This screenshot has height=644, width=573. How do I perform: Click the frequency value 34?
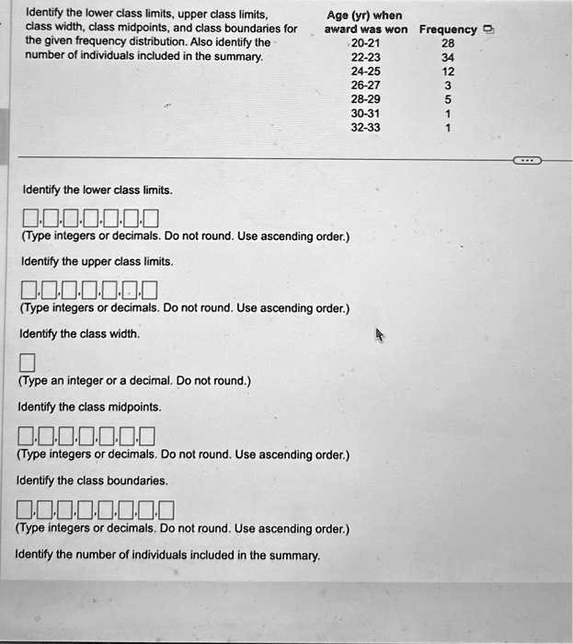point(447,57)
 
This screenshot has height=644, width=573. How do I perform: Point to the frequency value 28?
point(447,43)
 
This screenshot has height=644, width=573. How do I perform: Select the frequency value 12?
point(447,71)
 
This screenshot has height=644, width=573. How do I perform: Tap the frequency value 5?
point(447,99)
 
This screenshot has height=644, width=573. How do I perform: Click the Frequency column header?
point(448,29)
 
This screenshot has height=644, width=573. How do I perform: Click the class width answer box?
point(27,360)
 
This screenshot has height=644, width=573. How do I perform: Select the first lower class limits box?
point(31,219)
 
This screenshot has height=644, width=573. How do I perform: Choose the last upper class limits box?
point(150,293)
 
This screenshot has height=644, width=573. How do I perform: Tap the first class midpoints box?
point(27,436)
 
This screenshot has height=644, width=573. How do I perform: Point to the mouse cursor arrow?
point(378,336)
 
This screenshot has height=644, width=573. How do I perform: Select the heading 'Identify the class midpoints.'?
point(89,407)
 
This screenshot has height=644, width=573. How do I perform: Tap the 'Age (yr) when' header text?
point(363,15)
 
